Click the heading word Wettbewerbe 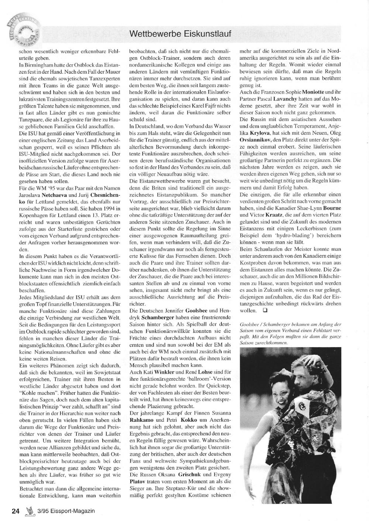[x=153, y=34]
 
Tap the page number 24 [x=15, y=511]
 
